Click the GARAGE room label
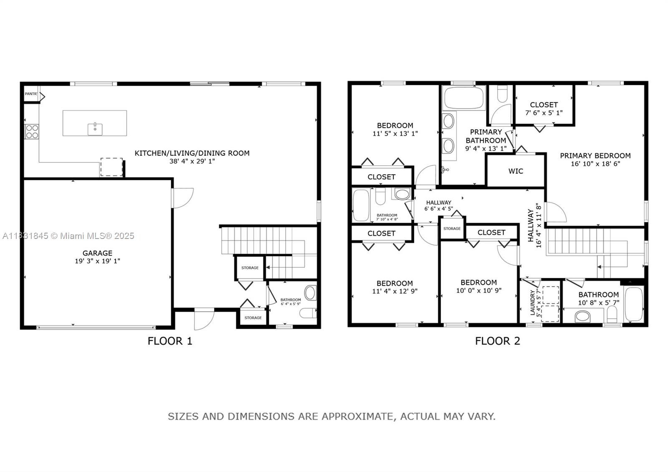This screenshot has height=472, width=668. pos(97,253)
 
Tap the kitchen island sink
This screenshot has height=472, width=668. pos(95,129)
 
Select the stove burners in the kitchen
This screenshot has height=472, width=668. pos(32,132)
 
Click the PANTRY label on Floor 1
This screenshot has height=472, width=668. pos(31,94)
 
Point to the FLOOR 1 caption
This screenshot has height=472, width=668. pos(170,341)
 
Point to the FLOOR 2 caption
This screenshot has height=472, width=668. pos(498,341)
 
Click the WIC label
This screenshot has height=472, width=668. pos(516,171)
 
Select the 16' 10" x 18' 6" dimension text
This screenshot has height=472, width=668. pos(595,164)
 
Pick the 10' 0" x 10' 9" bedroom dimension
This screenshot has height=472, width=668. pos(478,290)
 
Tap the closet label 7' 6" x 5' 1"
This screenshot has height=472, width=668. pos(544,113)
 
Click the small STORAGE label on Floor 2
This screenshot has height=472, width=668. pos(452,228)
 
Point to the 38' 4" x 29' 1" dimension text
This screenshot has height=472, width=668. pos(192,161)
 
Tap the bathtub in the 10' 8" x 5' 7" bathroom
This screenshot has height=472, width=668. pos(634,304)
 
